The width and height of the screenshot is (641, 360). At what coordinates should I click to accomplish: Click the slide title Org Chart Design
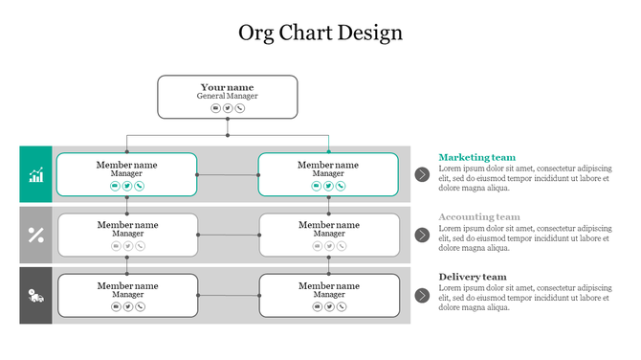(320, 33)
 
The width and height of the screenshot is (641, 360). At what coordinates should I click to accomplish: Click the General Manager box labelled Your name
(227, 97)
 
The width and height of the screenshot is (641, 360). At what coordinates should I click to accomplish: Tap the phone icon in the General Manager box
(239, 108)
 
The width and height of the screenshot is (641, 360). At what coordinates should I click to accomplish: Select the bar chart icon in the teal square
(36, 174)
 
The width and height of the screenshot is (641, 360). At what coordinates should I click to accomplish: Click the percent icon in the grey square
(36, 235)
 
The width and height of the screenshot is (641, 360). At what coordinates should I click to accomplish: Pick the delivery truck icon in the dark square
(36, 295)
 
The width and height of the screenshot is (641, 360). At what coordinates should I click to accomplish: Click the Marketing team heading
(476, 157)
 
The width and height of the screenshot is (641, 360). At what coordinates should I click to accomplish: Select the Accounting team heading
(479, 217)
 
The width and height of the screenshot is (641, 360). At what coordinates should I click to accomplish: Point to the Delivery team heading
(473, 278)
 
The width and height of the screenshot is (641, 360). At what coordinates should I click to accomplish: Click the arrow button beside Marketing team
(422, 174)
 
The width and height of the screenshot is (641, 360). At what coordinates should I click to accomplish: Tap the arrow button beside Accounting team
(422, 235)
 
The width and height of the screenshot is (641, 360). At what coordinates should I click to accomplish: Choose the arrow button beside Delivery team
(422, 295)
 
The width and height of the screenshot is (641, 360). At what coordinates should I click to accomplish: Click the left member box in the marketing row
(126, 174)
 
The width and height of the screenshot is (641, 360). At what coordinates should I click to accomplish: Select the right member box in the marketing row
(328, 174)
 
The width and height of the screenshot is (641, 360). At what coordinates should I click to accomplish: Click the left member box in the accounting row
(127, 235)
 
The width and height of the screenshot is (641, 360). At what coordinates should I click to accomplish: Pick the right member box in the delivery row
(329, 295)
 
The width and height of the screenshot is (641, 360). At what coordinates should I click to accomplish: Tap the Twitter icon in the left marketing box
(127, 186)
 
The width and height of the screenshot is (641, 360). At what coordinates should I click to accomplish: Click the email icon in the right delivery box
(318, 306)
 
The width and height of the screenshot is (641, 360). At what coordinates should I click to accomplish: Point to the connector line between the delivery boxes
(229, 295)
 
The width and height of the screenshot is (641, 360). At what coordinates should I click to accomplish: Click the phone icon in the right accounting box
(342, 246)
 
